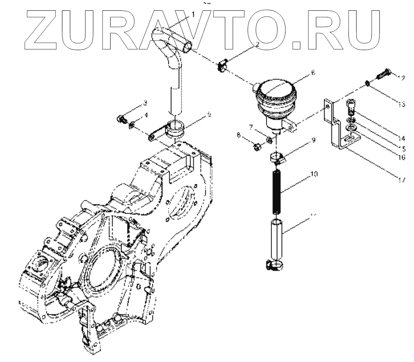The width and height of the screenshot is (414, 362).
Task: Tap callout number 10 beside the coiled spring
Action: [314, 176]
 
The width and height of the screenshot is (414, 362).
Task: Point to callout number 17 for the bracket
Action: [400, 179]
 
